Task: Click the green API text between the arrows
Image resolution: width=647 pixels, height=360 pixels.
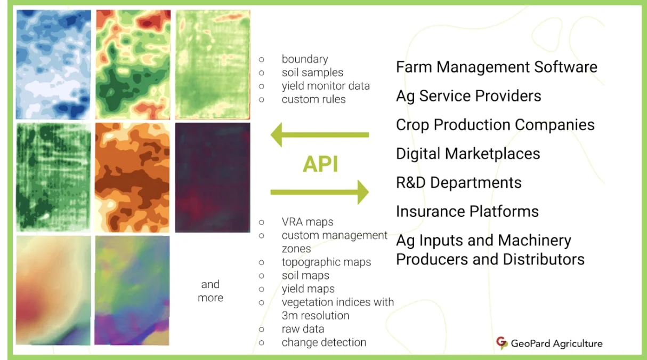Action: [320, 165]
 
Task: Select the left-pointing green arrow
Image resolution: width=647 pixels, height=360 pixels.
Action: [320, 135]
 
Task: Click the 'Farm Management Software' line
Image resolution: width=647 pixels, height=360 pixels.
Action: [496, 67]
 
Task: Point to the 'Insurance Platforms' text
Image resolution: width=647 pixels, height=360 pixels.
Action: [467, 211]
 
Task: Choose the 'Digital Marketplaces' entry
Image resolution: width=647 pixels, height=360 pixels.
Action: [467, 154]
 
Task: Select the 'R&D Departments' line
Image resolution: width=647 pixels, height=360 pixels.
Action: [458, 182]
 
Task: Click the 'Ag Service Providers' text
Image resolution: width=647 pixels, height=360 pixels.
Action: [468, 96]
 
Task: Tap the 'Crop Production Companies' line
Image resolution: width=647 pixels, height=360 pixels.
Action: [495, 125]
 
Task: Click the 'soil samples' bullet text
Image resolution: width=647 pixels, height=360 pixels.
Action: [312, 73]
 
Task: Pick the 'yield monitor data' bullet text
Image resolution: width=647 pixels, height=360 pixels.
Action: [326, 86]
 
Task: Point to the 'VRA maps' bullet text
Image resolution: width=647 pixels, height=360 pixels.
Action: [308, 222]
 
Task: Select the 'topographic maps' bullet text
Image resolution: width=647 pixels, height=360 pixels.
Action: [326, 262]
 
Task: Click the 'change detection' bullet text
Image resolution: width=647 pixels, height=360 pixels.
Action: [323, 342]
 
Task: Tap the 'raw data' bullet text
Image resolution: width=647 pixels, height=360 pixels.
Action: [303, 329]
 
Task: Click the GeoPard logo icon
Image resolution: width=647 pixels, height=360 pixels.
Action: [502, 343]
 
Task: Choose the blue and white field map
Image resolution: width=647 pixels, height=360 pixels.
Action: [53, 65]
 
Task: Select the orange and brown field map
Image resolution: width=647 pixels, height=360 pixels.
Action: [132, 177]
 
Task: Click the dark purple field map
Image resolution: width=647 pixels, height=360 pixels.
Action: [212, 177]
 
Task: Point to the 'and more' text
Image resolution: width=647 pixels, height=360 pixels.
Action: [211, 291]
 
